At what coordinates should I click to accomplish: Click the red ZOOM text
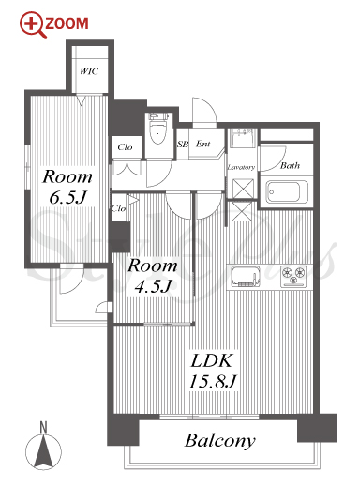(x=67, y=23)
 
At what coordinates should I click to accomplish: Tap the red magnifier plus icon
(x=32, y=24)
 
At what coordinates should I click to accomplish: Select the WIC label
(x=89, y=71)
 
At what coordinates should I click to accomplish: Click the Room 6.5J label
(x=67, y=187)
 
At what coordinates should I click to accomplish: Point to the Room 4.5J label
(x=153, y=276)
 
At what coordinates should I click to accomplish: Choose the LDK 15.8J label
(x=213, y=371)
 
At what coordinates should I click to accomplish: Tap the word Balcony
(x=220, y=441)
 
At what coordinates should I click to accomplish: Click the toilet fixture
(x=158, y=129)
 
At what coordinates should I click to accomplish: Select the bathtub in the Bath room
(x=287, y=191)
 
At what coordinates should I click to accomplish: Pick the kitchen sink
(x=246, y=276)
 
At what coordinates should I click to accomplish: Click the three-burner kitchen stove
(x=293, y=276)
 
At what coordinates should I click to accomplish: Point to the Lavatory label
(x=241, y=167)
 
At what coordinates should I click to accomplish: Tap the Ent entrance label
(x=203, y=144)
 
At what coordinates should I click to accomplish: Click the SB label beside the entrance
(x=183, y=145)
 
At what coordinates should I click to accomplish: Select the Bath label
(x=290, y=165)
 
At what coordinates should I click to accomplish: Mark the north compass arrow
(x=43, y=451)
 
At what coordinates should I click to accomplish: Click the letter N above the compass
(x=43, y=428)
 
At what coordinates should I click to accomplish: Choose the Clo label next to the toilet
(x=125, y=146)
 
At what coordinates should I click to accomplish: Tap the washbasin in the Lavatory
(x=242, y=138)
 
